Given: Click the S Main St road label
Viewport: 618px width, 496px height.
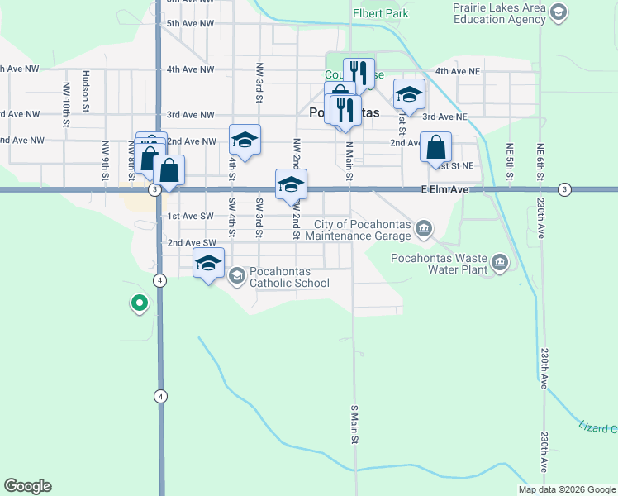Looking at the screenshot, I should (x=354, y=424).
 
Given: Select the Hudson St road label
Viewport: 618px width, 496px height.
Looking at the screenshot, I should (x=86, y=87).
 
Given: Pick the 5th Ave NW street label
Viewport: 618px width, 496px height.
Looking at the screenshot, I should (x=190, y=24).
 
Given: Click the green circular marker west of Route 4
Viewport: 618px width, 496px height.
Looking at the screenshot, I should (x=140, y=303).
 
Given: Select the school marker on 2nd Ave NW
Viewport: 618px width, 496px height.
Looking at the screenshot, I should (x=245, y=141).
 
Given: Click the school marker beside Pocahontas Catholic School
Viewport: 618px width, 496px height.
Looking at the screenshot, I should (x=208, y=265).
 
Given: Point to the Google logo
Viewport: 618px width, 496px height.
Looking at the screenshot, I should (x=28, y=486).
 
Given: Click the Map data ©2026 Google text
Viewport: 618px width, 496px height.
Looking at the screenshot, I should (x=566, y=489).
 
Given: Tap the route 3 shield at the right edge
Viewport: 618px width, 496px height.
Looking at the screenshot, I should (x=564, y=189).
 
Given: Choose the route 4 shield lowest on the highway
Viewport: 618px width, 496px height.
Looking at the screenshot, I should (x=160, y=396).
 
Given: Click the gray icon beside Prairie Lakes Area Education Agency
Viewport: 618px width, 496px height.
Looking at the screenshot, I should (x=559, y=12).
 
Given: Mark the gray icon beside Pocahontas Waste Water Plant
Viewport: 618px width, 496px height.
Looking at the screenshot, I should (x=500, y=263).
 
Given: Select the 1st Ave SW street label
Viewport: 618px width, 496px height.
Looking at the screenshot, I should (x=191, y=217).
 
